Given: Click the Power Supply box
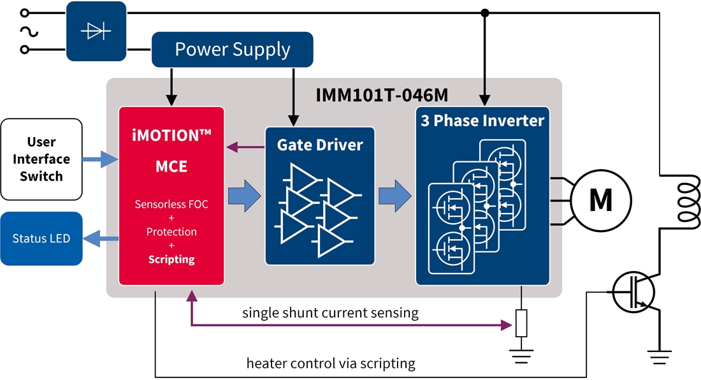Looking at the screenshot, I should [x=232, y=50].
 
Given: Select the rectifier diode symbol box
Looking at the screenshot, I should [x=96, y=31].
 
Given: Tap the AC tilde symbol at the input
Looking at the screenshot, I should [x=25, y=31].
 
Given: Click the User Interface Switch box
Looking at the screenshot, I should [x=41, y=159].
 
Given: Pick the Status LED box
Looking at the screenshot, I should [x=41, y=238].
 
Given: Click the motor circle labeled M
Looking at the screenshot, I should [x=600, y=200].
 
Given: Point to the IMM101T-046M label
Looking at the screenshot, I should [x=382, y=95].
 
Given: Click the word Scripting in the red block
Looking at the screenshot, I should [x=171, y=259].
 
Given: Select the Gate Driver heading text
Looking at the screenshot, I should [x=319, y=145].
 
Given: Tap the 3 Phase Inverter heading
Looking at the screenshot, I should [x=482, y=121].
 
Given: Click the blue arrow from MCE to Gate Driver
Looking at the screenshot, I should [x=244, y=195].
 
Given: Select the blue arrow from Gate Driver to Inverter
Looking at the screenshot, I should [x=394, y=195].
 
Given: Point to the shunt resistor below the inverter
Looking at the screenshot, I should [x=521, y=323].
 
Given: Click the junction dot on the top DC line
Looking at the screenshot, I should [x=485, y=13].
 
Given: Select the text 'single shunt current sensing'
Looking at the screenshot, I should [x=330, y=313].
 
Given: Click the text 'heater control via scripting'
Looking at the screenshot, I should [x=331, y=363].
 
